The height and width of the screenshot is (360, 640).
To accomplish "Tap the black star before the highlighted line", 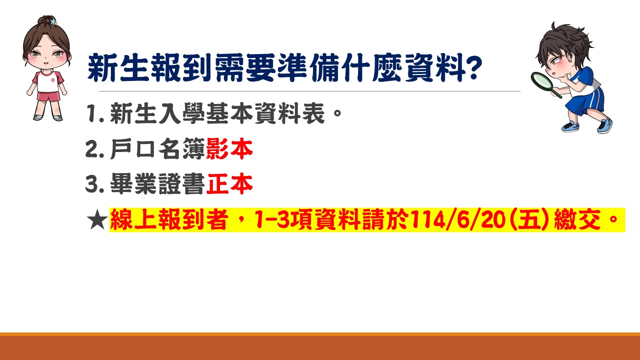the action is (x=97, y=219).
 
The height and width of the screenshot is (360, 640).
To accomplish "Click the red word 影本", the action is (x=229, y=149).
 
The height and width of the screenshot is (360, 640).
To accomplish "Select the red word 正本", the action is (x=229, y=183).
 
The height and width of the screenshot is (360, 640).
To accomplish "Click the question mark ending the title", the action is (x=473, y=67).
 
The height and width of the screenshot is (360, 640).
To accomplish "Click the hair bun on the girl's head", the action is (x=45, y=20).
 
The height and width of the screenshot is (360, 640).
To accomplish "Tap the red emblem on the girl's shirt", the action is (x=53, y=80).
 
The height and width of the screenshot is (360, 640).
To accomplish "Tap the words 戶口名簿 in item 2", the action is (x=157, y=149).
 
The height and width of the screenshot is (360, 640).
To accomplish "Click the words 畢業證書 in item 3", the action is (x=157, y=183).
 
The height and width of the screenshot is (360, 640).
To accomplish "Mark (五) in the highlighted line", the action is (x=529, y=219).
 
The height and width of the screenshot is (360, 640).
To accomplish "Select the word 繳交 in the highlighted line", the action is (x=577, y=219).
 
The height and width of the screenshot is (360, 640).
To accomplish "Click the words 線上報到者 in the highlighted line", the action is (x=169, y=219).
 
